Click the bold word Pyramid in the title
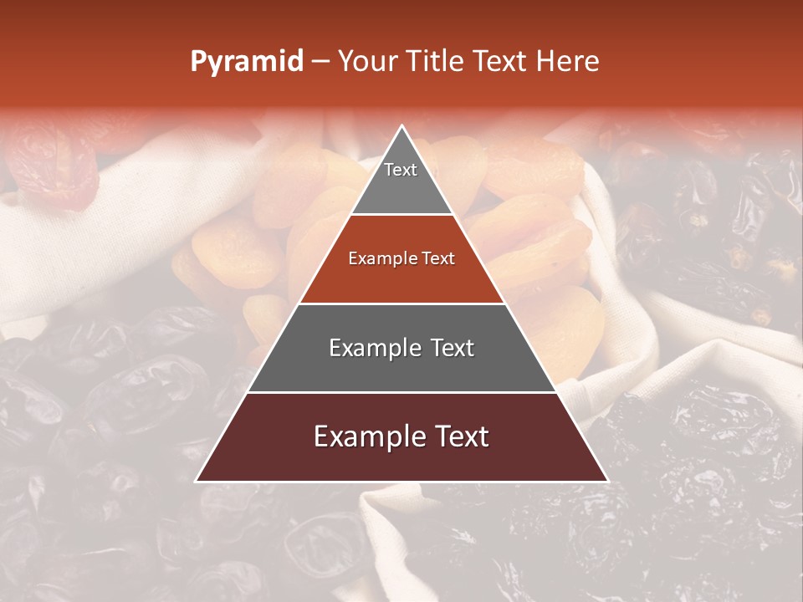point(247,62)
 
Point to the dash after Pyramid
point(320,62)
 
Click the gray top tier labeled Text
point(401,180)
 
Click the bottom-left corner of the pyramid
point(197,481)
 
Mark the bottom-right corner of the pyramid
point(607,481)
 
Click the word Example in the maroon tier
point(367,437)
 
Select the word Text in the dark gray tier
point(448,348)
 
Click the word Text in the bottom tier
point(458,437)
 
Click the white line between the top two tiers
point(401,215)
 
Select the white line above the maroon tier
point(401,392)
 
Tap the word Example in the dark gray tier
point(373,348)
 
